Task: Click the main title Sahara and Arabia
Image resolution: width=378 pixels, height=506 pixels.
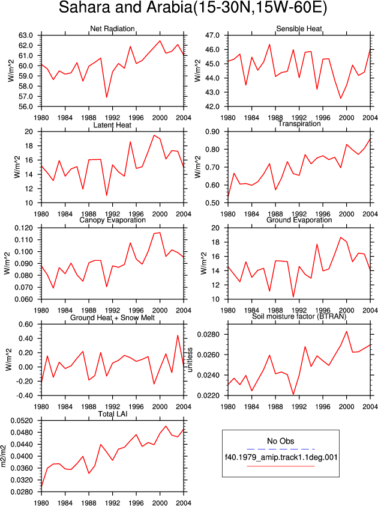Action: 125,8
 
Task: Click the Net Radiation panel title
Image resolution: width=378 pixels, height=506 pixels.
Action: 112,28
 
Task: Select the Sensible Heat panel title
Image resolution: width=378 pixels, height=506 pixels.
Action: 299,28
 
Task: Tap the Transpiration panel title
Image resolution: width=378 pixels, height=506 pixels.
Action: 299,124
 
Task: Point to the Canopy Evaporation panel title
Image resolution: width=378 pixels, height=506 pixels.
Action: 112,220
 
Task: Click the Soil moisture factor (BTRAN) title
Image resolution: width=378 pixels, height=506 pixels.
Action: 299,316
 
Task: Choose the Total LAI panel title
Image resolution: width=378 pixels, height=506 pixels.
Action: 112,413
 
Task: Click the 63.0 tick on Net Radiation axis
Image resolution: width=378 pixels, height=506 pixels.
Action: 26,35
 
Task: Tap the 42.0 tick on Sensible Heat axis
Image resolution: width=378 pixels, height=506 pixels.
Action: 212,106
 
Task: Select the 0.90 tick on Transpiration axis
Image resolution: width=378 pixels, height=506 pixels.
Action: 212,132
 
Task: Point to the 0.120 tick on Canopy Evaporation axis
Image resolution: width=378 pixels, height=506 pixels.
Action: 24,228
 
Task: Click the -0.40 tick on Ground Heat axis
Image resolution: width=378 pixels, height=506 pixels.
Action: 24,395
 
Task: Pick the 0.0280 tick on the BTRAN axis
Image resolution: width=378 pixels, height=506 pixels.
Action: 209,334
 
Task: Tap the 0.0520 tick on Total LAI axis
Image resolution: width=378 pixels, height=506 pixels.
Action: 22,421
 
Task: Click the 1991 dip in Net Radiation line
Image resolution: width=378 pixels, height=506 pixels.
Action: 107,97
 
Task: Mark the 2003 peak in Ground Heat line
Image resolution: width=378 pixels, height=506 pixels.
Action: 178,335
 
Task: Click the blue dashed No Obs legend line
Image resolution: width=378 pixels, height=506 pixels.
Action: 281,449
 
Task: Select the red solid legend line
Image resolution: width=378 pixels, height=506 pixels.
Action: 281,466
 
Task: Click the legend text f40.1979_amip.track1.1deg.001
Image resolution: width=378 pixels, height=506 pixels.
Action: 281,457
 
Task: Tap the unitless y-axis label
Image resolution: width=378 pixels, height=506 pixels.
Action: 190,360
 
